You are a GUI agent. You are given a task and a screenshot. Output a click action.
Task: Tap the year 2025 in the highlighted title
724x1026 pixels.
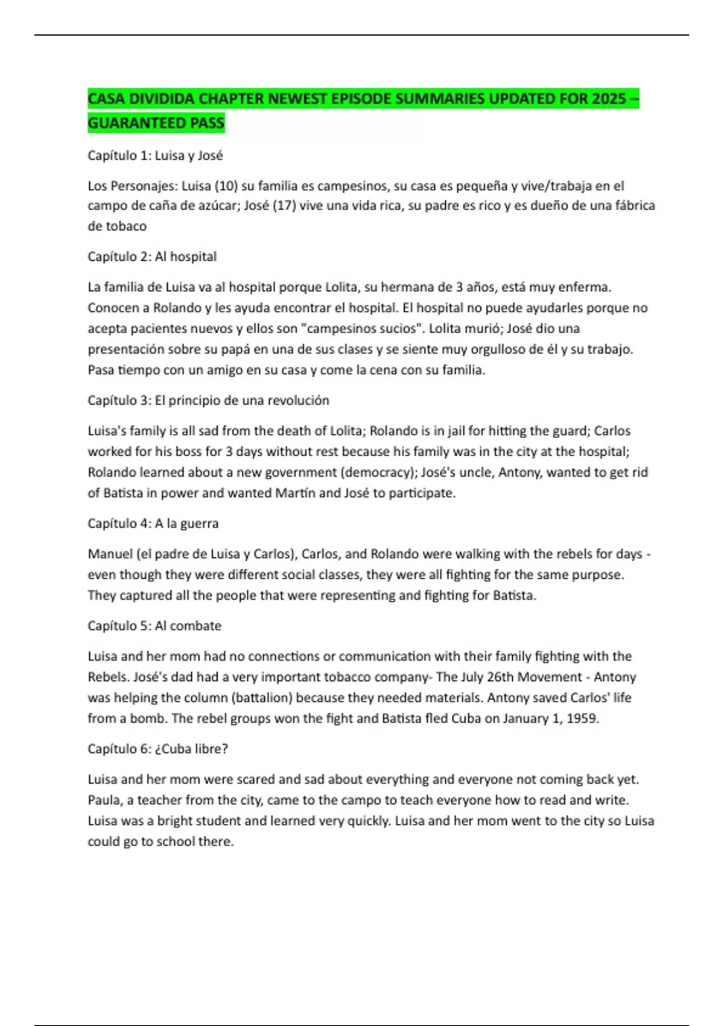pos(609,98)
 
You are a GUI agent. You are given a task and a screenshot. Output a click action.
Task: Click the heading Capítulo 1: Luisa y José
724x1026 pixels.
pos(155,156)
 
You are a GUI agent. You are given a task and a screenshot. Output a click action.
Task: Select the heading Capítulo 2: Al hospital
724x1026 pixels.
pos(152,256)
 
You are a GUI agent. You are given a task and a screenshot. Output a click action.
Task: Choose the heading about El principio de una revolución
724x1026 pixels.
pos(208,401)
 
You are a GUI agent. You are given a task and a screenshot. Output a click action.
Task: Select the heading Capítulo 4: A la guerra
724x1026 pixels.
pos(153,523)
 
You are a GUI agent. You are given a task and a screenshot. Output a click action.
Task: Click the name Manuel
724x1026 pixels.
pos(110,554)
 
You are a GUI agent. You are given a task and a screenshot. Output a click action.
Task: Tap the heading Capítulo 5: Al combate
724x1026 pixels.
pos(154,626)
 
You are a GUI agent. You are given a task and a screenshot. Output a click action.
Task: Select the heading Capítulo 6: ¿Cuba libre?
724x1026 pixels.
pos(157,749)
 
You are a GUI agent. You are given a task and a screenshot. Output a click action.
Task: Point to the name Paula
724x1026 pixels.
pos(104,800)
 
